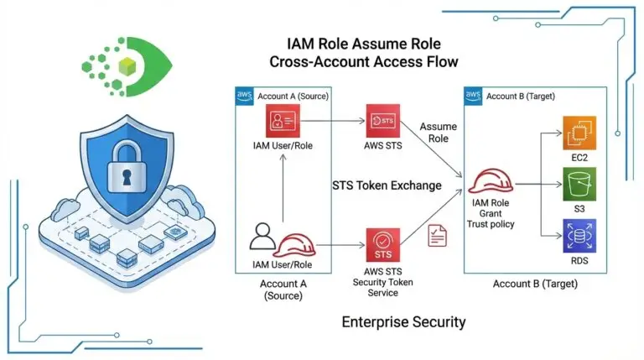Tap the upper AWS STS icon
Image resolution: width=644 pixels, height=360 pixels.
(x=382, y=123)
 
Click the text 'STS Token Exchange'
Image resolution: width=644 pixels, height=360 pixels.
(x=386, y=185)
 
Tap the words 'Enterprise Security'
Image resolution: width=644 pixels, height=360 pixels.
(x=403, y=321)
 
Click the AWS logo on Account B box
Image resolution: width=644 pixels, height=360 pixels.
(x=474, y=97)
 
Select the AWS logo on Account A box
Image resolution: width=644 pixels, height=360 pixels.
(x=245, y=97)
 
